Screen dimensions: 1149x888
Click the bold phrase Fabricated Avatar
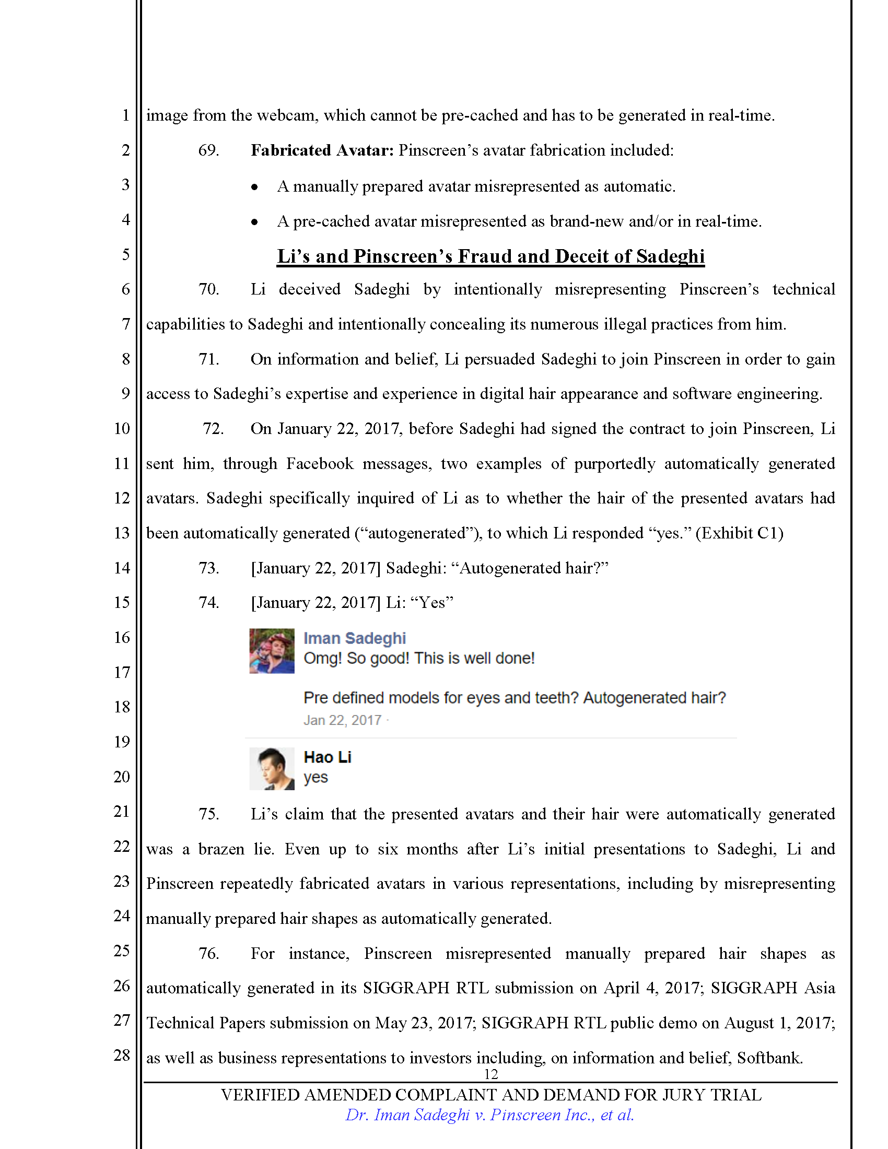tap(322, 150)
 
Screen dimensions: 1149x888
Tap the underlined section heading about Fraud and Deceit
tap(490, 256)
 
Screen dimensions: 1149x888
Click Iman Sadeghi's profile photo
tap(272, 651)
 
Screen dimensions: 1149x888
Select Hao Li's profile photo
tap(272, 769)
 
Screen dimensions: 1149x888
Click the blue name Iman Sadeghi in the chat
tap(355, 638)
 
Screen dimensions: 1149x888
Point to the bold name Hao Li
tap(327, 757)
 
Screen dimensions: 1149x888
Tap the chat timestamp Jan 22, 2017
tap(342, 720)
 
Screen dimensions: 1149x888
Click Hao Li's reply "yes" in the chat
tap(316, 777)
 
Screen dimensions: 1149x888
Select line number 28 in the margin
tap(122, 1055)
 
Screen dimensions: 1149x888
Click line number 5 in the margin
tap(126, 255)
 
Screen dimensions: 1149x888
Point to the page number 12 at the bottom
tap(490, 1074)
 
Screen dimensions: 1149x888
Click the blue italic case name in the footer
tap(489, 1115)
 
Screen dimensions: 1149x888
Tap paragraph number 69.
tap(208, 150)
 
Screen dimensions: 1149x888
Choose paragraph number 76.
tap(208, 953)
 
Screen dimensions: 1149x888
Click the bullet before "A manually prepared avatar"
tap(254, 187)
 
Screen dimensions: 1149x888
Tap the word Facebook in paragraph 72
tap(320, 463)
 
